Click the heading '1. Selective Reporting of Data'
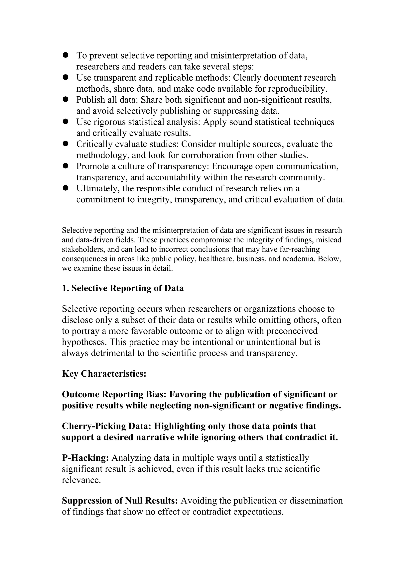123,288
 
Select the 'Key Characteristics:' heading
104,374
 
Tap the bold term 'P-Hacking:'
85,458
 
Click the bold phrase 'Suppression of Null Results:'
120,501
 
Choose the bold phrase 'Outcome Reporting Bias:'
114,394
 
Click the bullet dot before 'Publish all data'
66,99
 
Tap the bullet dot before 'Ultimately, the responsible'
66,188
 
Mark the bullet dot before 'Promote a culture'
66,166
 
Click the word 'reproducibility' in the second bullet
297,89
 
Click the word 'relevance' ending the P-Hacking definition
81,480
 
